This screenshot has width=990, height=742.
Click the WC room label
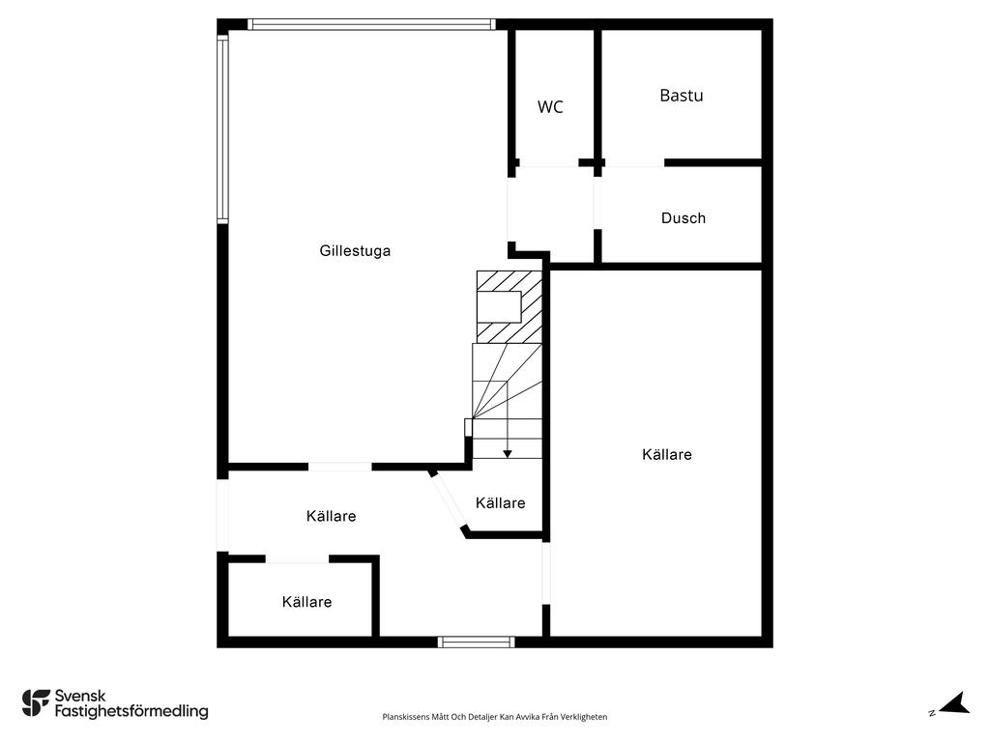click(x=550, y=107)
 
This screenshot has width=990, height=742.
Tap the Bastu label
click(x=681, y=96)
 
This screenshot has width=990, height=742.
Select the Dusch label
click(x=683, y=218)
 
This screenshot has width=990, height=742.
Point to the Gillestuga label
click(x=355, y=251)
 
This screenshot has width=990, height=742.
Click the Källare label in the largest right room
click(x=666, y=454)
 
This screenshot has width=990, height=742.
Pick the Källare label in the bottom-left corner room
click(x=306, y=602)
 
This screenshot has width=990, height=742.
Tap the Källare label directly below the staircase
click(x=500, y=503)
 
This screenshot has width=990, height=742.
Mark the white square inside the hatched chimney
click(x=500, y=306)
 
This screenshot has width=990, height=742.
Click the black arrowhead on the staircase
click(x=507, y=453)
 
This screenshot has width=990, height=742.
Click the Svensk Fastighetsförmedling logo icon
click(x=36, y=702)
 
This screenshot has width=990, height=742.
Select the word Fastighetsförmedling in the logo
click(x=131, y=712)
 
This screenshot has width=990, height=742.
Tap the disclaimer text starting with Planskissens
click(x=494, y=717)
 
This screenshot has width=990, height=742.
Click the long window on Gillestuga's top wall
click(x=371, y=24)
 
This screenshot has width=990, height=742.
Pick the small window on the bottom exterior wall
click(x=476, y=642)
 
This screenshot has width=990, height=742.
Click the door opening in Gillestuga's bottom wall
click(x=339, y=467)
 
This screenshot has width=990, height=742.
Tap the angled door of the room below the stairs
click(x=448, y=499)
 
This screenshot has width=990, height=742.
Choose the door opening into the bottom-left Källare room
click(x=297, y=558)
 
